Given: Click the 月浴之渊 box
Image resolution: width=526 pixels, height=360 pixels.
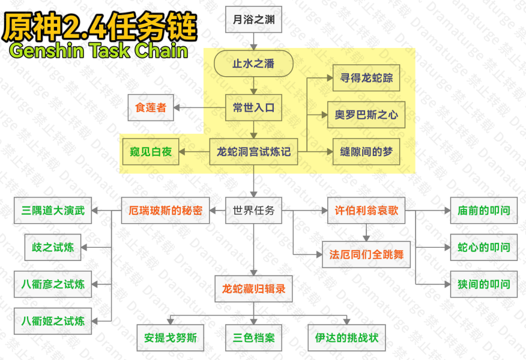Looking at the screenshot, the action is [x=253, y=19].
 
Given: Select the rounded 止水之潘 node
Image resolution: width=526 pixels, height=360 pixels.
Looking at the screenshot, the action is [x=253, y=64].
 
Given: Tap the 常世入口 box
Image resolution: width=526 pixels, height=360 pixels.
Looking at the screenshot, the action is [x=253, y=107].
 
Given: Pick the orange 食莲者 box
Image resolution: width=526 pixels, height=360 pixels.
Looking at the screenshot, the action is [x=151, y=107].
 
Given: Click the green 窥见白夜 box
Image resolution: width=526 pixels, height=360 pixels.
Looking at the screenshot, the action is [x=151, y=152].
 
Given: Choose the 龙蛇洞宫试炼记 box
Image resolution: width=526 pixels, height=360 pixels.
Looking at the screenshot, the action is [x=253, y=152].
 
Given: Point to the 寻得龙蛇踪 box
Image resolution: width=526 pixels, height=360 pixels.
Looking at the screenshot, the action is [x=366, y=78].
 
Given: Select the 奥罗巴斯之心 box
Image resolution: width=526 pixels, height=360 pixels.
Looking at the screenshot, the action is [x=366, y=115].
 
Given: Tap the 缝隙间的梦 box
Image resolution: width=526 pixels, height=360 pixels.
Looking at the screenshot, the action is [x=366, y=152].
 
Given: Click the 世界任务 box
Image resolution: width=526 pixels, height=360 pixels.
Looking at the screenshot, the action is [x=253, y=211].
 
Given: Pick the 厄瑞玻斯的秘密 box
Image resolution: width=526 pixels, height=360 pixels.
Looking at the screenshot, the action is [x=165, y=211].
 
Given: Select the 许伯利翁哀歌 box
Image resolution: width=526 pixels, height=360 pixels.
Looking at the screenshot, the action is [x=366, y=211].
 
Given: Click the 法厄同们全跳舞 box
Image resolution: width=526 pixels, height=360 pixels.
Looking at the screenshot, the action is [x=366, y=254].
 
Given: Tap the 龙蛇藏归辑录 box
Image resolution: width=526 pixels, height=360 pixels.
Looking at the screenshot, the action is [x=253, y=289].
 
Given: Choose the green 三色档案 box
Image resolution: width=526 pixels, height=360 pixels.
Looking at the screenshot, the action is [x=253, y=338].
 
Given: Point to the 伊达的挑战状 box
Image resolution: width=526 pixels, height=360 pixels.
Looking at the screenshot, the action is [x=347, y=338].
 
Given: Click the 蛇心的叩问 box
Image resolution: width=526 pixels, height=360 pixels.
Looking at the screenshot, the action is [x=484, y=247].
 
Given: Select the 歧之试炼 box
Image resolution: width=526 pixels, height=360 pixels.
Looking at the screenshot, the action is [x=53, y=247].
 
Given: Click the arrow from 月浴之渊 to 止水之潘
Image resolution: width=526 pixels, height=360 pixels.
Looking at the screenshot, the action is [x=253, y=41].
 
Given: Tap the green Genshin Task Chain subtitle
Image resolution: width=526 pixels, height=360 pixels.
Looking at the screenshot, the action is [x=98, y=50].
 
